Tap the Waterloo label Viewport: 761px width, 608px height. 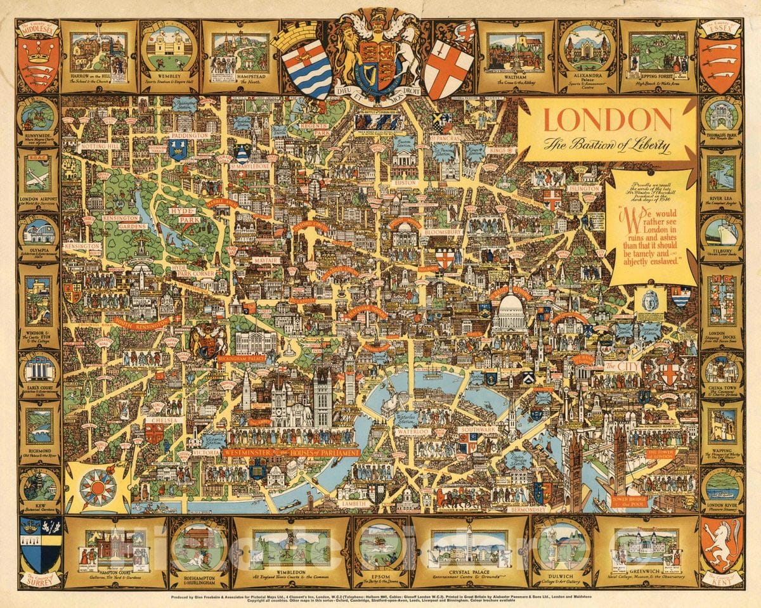pyautogui.click(x=413, y=431)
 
